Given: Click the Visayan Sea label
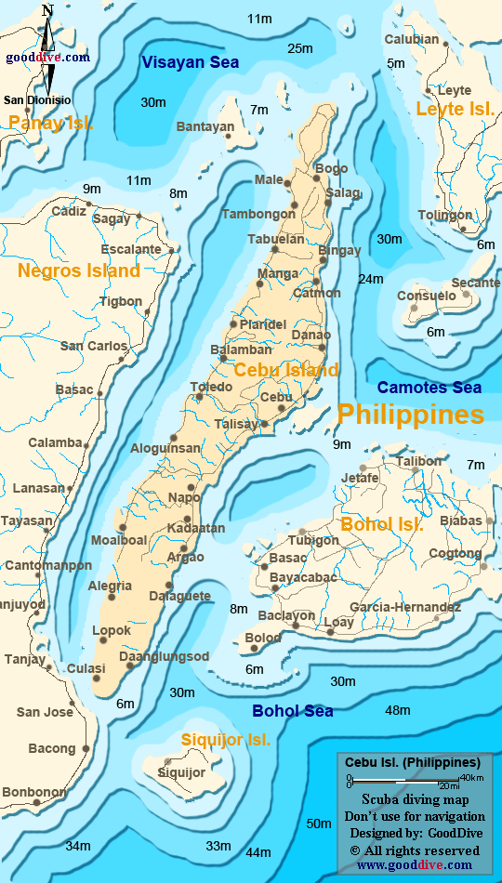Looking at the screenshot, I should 190,62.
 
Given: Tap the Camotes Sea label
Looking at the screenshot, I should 429,388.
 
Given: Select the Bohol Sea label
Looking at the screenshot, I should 293,711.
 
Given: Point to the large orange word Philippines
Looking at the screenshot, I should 410,414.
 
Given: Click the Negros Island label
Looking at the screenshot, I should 79,271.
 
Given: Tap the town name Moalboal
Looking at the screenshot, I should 119,540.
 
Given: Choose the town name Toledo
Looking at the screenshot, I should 211,387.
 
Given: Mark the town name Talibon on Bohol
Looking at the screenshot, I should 419,461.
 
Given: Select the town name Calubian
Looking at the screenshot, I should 411,39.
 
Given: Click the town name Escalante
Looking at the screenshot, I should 131,249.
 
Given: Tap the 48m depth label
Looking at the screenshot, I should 398,711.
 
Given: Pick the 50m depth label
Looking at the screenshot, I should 319,824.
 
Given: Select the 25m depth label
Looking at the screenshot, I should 300,48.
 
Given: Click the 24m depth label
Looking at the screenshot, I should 371,279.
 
